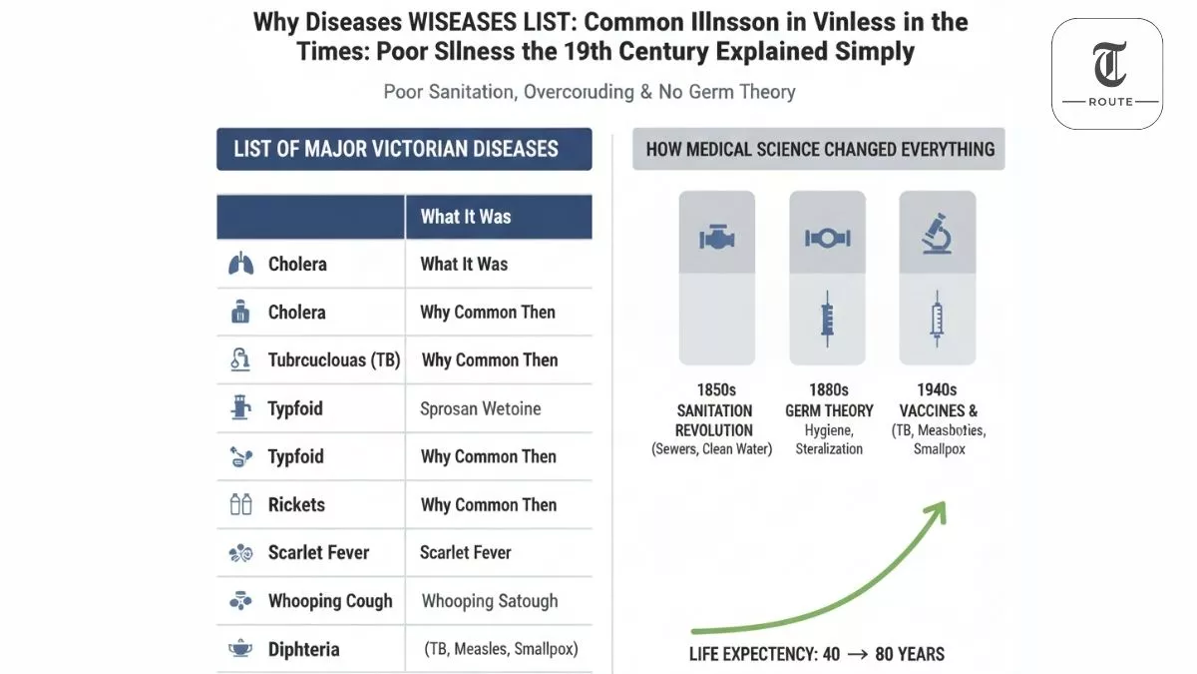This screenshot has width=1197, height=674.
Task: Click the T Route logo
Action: coord(1107,74)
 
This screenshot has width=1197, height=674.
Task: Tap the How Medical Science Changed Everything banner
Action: coord(820,150)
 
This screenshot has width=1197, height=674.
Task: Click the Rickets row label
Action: coord(296,504)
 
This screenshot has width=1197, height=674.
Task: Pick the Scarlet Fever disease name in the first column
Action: coord(318,552)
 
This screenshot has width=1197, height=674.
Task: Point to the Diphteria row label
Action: coord(303,649)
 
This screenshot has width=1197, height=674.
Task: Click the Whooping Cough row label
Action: coord(330,601)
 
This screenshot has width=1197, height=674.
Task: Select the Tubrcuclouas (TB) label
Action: coord(334,360)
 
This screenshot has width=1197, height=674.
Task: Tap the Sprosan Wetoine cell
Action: coord(481,408)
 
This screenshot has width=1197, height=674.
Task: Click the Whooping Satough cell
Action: coord(490,601)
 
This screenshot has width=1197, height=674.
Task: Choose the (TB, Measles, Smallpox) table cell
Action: coord(501,649)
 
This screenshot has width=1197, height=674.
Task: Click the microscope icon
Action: coord(937,236)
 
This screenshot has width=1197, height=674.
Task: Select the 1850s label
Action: coord(716,389)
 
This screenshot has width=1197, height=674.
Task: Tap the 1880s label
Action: coord(829,389)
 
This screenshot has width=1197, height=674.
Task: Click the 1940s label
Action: coord(937,389)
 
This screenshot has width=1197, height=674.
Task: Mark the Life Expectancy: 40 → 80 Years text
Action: coord(816,655)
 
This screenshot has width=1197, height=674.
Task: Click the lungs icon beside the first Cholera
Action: coord(240,265)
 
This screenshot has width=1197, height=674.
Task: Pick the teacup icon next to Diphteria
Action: coord(240,649)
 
